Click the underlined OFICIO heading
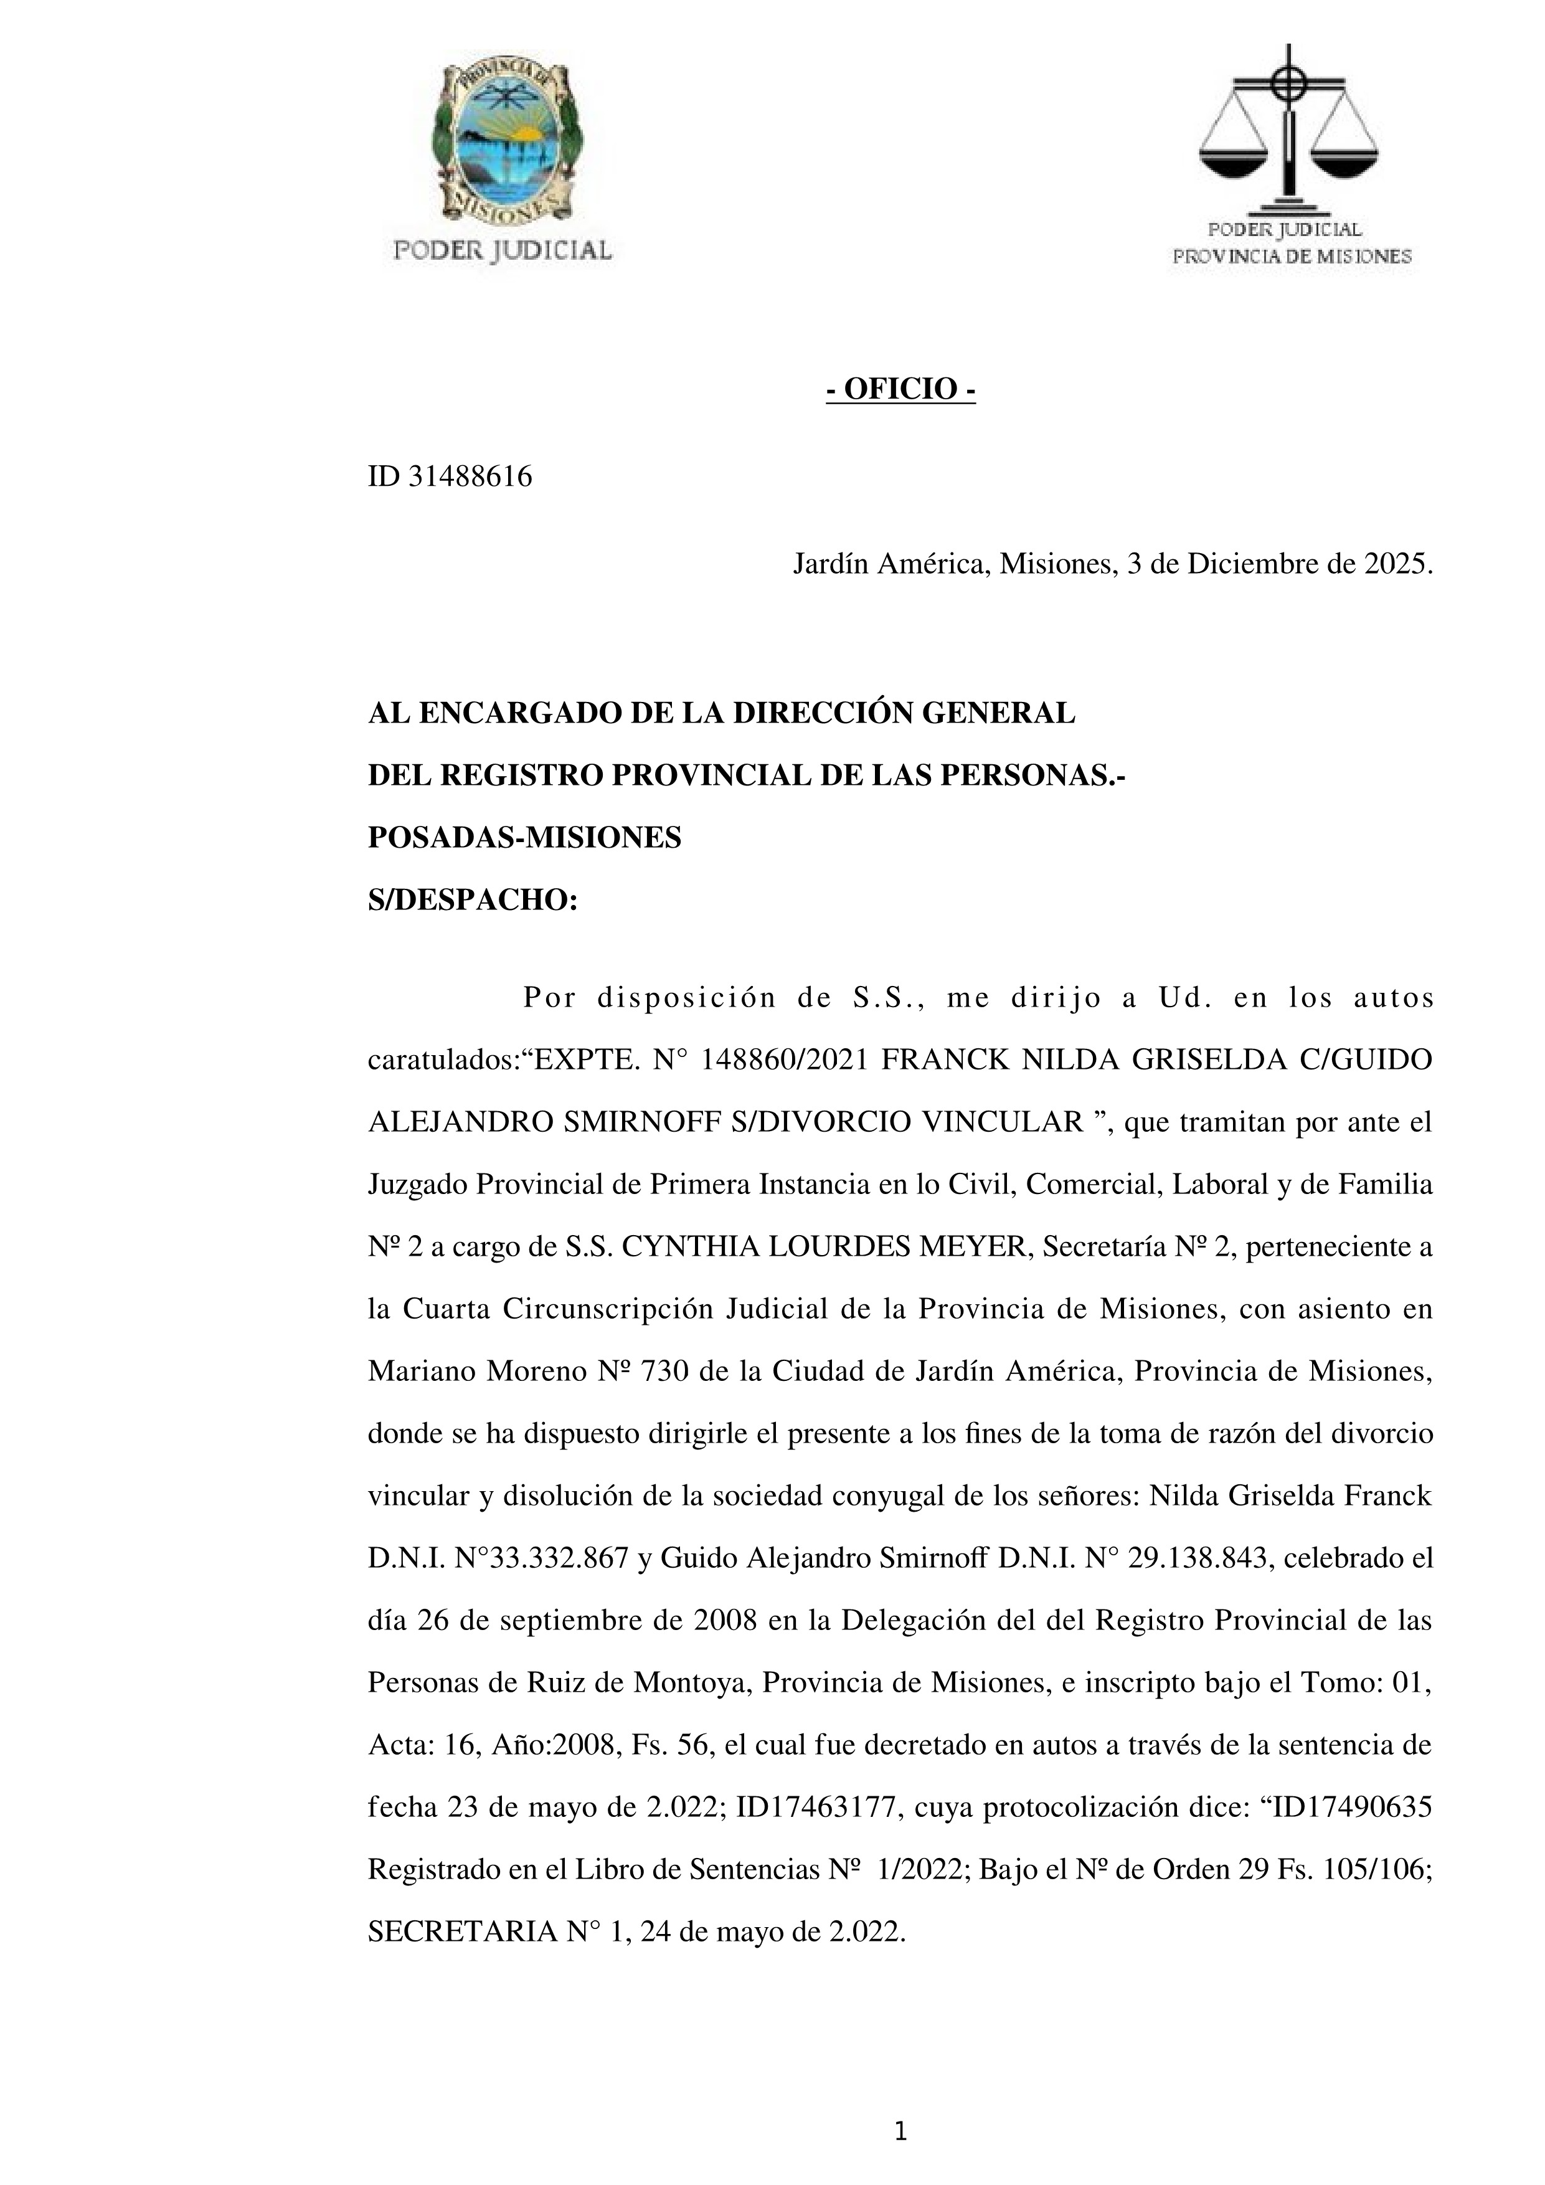(900, 389)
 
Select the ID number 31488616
(470, 476)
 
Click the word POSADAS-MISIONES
(524, 838)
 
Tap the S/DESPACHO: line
(473, 899)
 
